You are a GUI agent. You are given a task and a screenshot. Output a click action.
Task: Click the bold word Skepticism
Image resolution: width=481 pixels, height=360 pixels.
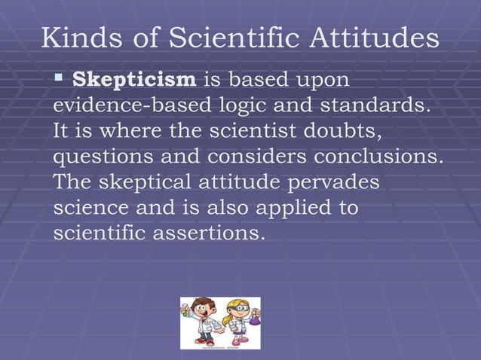[x=134, y=79]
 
